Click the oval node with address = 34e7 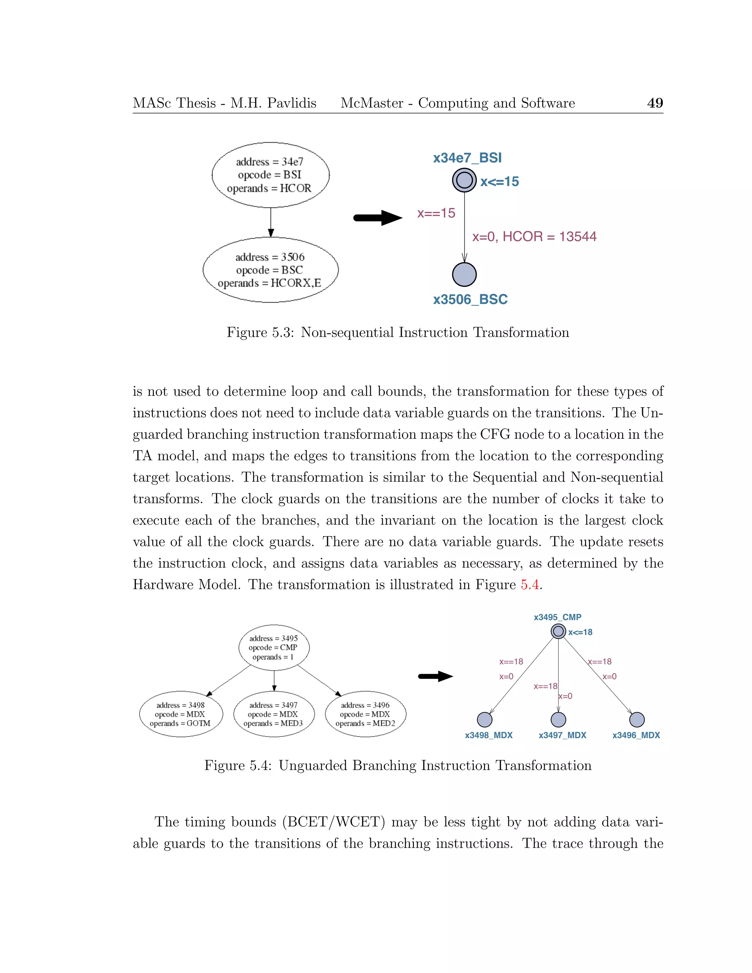(270, 175)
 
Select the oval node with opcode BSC (270, 270)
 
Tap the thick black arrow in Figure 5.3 (377, 218)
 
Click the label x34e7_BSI (467, 158)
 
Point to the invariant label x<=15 (499, 182)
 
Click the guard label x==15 (436, 213)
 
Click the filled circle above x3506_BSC (464, 274)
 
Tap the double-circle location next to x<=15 (464, 180)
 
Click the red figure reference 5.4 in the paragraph (529, 585)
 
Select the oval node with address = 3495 (274, 648)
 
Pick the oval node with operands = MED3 (274, 714)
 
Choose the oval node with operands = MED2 (365, 714)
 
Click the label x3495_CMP (557, 617)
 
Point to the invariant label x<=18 (580, 632)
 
